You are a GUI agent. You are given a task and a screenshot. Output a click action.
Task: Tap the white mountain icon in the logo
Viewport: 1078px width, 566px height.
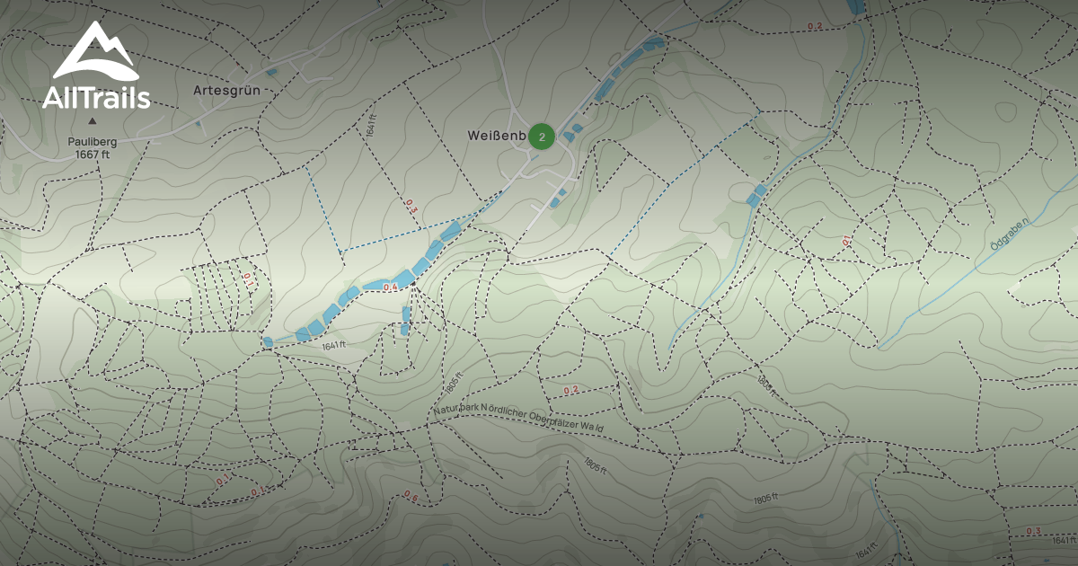click(95, 54)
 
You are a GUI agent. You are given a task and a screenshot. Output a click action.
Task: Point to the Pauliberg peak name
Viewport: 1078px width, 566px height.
click(92, 141)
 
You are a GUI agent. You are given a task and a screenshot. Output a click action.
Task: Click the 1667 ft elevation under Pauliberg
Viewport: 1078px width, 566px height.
click(92, 154)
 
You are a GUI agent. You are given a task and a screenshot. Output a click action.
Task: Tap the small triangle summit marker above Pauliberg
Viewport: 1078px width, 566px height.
click(92, 121)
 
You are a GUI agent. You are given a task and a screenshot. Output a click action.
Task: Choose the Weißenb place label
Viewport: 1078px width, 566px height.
click(494, 136)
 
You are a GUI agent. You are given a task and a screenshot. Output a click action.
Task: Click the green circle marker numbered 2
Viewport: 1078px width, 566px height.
click(541, 137)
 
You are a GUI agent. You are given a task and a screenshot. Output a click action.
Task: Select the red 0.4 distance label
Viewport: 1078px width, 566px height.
click(390, 287)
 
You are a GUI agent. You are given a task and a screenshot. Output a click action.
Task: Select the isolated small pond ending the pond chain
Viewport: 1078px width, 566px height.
click(268, 341)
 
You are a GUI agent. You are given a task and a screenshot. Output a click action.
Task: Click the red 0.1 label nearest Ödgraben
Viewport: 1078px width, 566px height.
click(846, 241)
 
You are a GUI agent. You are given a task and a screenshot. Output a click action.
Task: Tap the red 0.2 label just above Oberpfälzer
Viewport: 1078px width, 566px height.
click(570, 390)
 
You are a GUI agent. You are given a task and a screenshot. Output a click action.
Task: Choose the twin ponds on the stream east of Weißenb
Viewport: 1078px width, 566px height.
click(756, 194)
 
